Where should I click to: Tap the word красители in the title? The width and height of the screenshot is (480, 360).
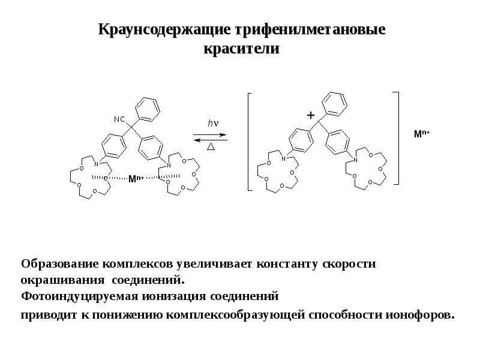(x=242, y=49)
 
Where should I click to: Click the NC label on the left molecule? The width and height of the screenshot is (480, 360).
(x=119, y=119)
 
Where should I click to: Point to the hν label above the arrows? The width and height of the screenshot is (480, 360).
(x=213, y=124)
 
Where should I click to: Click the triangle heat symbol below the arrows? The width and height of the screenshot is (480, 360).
(x=211, y=146)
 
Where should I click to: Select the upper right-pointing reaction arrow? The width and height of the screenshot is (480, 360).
(x=209, y=134)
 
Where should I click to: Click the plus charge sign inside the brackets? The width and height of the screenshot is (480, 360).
(x=311, y=115)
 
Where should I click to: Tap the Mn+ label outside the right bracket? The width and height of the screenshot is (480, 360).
(x=422, y=133)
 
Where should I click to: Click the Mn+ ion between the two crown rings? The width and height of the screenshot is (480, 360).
(x=136, y=179)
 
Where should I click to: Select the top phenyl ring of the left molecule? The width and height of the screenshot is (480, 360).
(x=148, y=109)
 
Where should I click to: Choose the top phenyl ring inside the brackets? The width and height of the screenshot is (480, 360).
(x=335, y=104)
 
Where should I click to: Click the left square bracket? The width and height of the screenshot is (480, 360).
(x=248, y=142)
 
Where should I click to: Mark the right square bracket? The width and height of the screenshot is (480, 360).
(x=398, y=138)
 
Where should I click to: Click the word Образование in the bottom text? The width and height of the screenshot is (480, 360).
(x=59, y=263)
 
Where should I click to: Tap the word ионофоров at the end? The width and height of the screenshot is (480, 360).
(x=419, y=315)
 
